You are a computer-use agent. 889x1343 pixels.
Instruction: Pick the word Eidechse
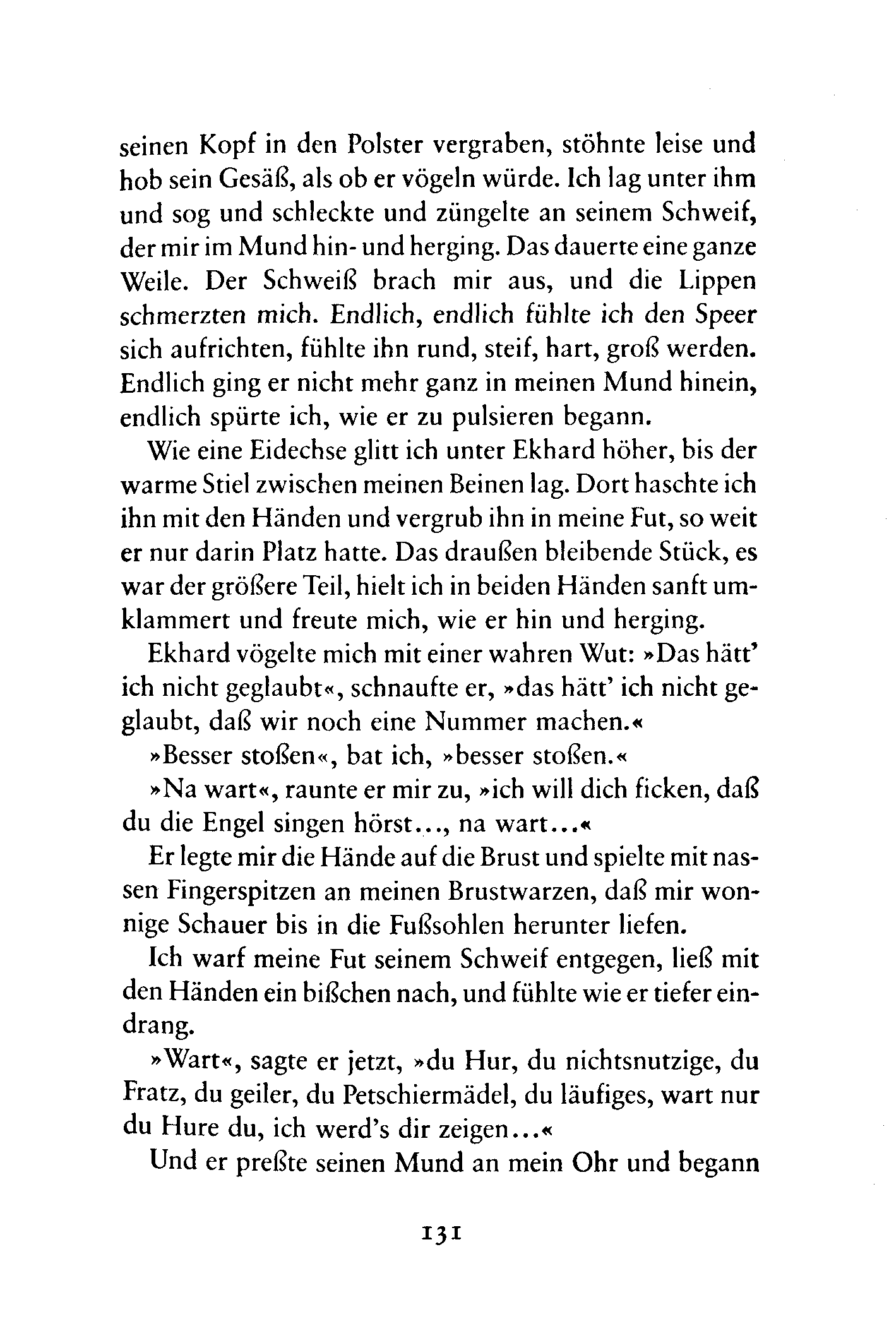(300, 450)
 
